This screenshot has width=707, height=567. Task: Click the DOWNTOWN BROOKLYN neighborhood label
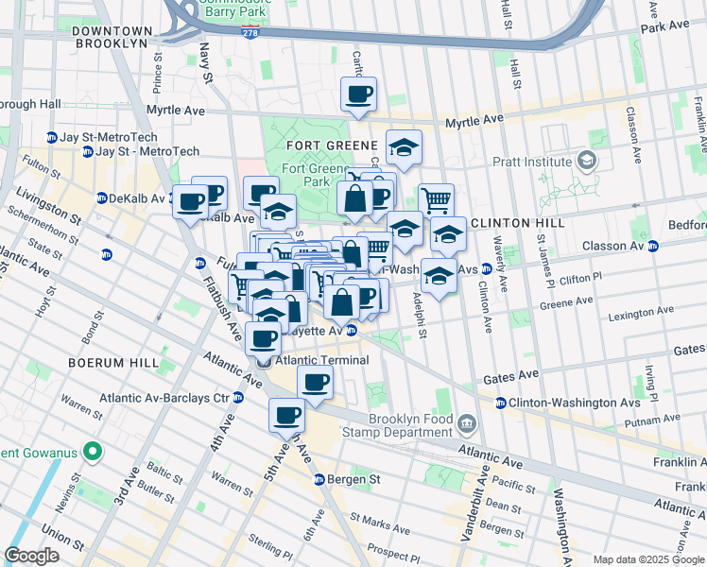pyautogui.click(x=110, y=37)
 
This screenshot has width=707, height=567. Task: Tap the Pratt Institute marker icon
pyautogui.click(x=588, y=162)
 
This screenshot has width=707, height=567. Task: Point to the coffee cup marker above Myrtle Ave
pyautogui.click(x=358, y=94)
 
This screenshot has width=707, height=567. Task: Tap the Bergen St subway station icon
pyautogui.click(x=319, y=479)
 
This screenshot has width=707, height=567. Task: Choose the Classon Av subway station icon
pyautogui.click(x=652, y=246)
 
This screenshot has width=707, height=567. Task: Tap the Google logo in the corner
pyautogui.click(x=32, y=555)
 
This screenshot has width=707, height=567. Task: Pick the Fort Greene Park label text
pyautogui.click(x=304, y=175)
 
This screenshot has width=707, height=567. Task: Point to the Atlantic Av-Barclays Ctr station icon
pyautogui.click(x=238, y=398)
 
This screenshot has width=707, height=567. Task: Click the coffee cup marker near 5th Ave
pyautogui.click(x=286, y=414)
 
